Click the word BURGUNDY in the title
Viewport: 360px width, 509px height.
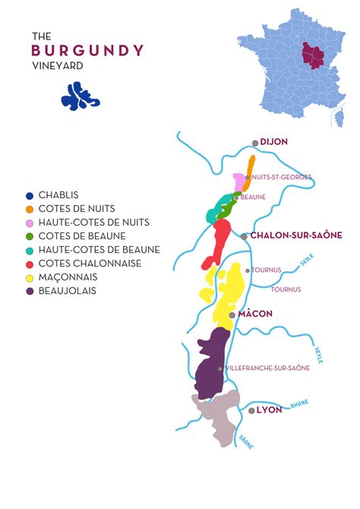click(x=87, y=51)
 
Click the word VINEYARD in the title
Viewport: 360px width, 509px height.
click(x=58, y=66)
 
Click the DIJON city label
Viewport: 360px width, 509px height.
click(x=274, y=142)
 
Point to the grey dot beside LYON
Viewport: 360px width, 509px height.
click(x=251, y=410)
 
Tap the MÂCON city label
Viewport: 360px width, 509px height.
click(x=256, y=314)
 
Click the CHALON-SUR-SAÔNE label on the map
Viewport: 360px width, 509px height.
click(x=296, y=236)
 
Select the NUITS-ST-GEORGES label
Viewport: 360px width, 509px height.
click(x=282, y=177)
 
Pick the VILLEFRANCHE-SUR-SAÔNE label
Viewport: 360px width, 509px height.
click(x=268, y=368)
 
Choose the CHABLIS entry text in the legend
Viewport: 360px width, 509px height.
click(x=58, y=195)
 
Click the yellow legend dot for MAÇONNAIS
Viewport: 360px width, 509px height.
click(x=30, y=277)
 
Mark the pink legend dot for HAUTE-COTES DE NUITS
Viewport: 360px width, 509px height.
click(x=30, y=223)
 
